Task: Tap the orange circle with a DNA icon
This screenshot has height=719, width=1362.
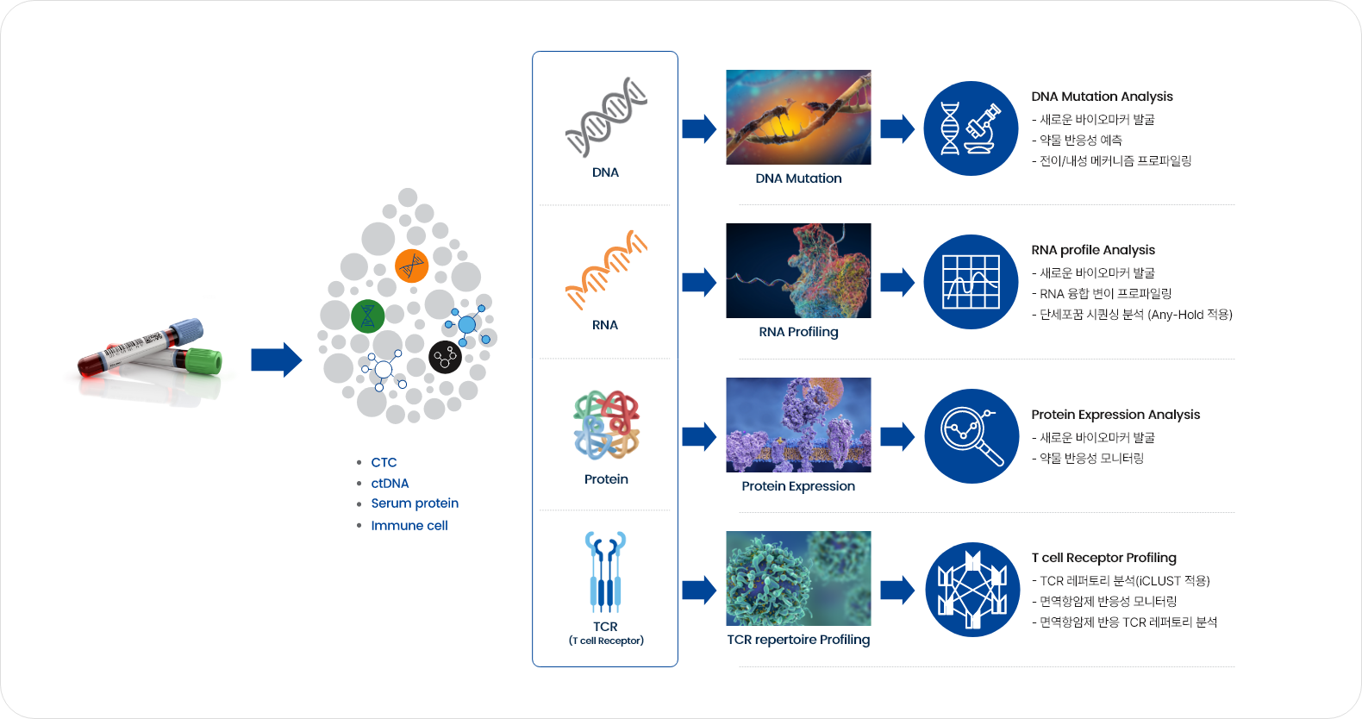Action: pyautogui.click(x=412, y=266)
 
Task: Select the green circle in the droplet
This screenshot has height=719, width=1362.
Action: pyautogui.click(x=368, y=316)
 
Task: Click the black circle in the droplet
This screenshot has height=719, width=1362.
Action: pyautogui.click(x=445, y=357)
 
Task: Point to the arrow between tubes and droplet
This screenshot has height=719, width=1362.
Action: pyautogui.click(x=277, y=359)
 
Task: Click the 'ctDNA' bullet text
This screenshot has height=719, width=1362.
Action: pyautogui.click(x=390, y=483)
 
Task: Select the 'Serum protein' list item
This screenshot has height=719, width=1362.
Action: pyautogui.click(x=415, y=503)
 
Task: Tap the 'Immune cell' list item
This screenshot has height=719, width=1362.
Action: pyautogui.click(x=409, y=526)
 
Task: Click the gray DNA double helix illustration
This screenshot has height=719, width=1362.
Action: pyautogui.click(x=606, y=116)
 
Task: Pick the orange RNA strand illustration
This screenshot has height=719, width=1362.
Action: pyautogui.click(x=606, y=270)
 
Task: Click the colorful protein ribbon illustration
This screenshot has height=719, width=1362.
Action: pyautogui.click(x=606, y=424)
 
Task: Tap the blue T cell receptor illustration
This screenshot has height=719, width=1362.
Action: pyautogui.click(x=606, y=572)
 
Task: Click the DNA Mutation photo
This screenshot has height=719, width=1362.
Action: pyautogui.click(x=798, y=117)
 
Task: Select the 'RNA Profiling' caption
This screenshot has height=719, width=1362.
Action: pyautogui.click(x=798, y=332)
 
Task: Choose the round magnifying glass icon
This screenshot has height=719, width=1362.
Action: pyautogui.click(x=972, y=436)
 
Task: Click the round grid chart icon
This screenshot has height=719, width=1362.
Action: pyautogui.click(x=971, y=282)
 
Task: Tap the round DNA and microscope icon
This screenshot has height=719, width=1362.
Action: pyautogui.click(x=971, y=128)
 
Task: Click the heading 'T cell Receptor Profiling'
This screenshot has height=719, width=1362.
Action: pyautogui.click(x=1103, y=558)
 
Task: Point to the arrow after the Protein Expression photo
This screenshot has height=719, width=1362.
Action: pyautogui.click(x=897, y=436)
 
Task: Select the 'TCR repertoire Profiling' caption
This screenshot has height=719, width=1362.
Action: pyautogui.click(x=798, y=640)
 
